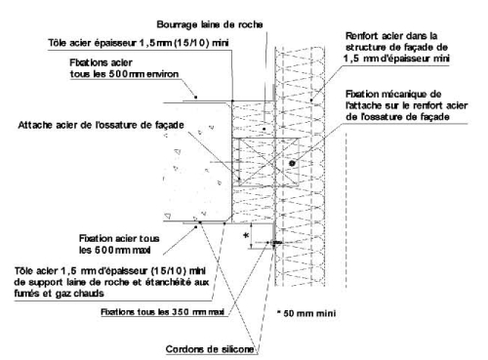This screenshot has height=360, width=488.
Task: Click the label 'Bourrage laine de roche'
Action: click(210, 24)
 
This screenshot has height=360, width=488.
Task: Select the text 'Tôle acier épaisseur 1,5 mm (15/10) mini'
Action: click(139, 43)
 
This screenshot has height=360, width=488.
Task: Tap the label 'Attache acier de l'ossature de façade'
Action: click(101, 125)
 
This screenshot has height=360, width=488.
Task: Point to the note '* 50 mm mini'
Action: click(306, 313)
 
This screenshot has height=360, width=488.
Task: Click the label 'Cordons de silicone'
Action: click(210, 349)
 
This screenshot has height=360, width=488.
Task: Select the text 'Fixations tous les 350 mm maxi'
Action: click(163, 312)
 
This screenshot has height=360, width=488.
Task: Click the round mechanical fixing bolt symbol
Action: click(292, 163)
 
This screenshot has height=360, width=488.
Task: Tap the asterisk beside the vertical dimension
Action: click(246, 235)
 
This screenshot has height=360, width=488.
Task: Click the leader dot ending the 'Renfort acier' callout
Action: click(311, 100)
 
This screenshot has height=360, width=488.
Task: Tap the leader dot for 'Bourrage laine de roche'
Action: click(264, 129)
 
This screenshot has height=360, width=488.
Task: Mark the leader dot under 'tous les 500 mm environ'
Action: click(196, 97)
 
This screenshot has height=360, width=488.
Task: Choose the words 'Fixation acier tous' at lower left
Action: click(119, 238)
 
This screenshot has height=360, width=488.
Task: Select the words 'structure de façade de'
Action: click(396, 47)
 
